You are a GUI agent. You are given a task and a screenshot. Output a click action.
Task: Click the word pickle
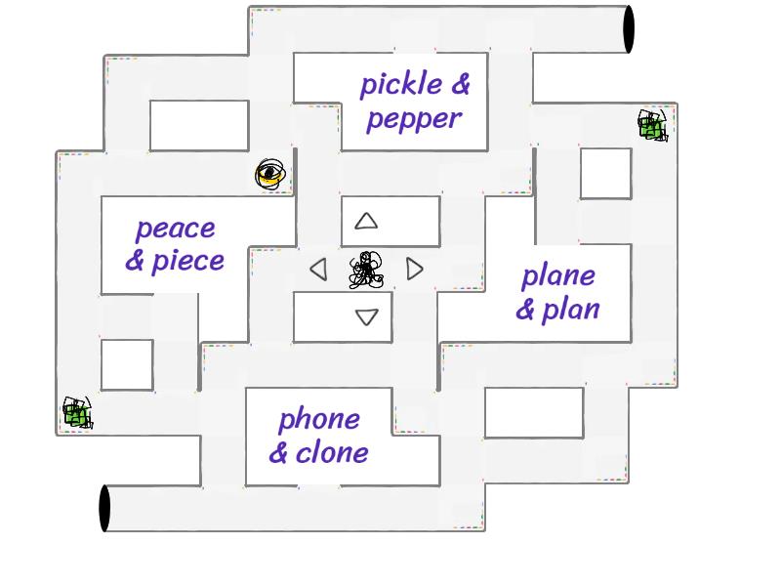pos(401,85)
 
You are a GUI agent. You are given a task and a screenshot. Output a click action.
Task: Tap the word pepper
pos(414,119)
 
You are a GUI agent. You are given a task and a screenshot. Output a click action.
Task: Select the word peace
pos(175,229)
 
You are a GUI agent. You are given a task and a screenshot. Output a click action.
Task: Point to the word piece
pos(188,261)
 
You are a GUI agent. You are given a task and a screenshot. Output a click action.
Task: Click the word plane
pos(557,275)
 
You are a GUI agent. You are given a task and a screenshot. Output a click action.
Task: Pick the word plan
pos(570,310)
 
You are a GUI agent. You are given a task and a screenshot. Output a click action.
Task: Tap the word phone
pos(319,420)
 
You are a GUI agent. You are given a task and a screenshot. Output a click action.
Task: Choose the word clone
pos(332,452)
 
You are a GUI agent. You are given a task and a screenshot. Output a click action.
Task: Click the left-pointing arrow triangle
pos(318,269)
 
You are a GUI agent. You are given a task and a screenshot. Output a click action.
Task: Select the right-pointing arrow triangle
pos(415,269)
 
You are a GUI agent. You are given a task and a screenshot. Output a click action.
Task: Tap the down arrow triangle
pos(366,316)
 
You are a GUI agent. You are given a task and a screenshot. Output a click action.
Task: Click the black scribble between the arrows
pos(366,270)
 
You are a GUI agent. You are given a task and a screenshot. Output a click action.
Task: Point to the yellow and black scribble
pos(270,175)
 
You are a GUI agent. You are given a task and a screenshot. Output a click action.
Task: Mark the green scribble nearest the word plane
pos(652,125)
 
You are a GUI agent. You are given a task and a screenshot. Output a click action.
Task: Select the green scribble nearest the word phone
pos(77,413)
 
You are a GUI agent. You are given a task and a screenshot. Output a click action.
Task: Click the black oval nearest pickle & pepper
pos(629,28)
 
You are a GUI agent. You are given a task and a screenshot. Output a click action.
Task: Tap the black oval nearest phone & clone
pos(104,509)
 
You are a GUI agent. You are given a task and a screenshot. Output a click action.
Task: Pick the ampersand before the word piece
pos(136,261)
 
